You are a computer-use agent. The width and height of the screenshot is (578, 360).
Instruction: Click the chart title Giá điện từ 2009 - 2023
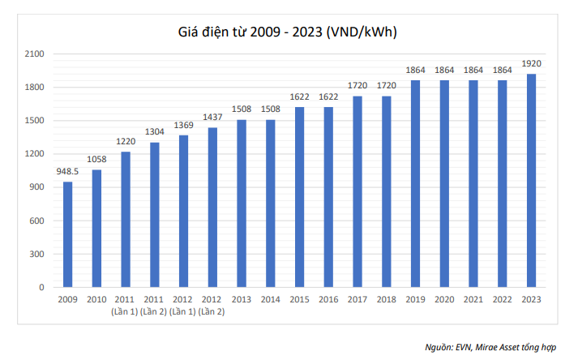click(x=287, y=32)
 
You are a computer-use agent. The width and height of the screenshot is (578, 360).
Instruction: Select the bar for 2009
click(x=67, y=234)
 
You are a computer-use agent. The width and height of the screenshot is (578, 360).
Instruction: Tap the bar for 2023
click(x=532, y=180)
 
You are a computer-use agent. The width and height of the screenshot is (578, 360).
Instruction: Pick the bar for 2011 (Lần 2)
click(x=155, y=215)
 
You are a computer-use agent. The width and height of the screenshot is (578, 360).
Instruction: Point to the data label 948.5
click(x=67, y=172)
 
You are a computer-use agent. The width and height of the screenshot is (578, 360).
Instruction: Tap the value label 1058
click(x=96, y=160)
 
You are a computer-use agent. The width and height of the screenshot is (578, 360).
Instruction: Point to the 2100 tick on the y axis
click(x=33, y=54)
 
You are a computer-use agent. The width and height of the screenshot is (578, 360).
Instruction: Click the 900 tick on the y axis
click(x=36, y=187)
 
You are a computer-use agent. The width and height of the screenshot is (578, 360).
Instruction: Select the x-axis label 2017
click(x=358, y=300)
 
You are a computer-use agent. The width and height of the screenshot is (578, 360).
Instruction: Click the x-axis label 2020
click(x=444, y=300)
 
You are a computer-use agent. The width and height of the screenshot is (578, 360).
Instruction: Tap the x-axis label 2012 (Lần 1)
click(x=183, y=306)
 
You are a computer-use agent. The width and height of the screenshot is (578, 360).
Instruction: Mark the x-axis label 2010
click(x=96, y=300)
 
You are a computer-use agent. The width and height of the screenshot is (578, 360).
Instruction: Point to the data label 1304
click(x=155, y=132)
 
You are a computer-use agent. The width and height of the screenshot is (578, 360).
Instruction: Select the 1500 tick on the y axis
click(x=33, y=121)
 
